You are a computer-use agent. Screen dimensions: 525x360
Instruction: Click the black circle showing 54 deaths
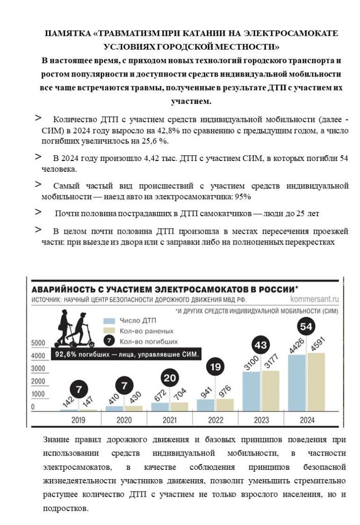[x=306, y=327]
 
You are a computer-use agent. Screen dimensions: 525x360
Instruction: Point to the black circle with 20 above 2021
[x=170, y=378]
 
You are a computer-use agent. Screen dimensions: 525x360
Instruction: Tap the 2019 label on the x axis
[x=78, y=420]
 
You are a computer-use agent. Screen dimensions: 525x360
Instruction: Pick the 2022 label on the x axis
[x=215, y=420]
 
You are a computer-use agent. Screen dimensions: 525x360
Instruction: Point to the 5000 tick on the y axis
[x=37, y=343]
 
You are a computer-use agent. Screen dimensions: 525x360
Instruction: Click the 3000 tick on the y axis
[x=37, y=369]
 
